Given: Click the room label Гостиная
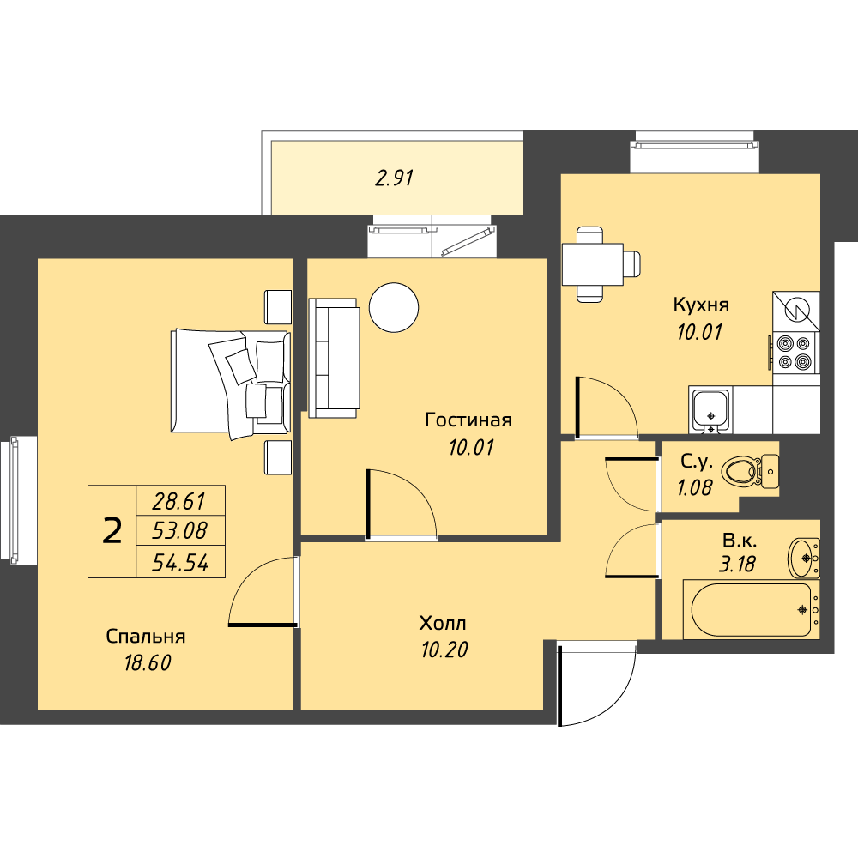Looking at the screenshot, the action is [468, 420].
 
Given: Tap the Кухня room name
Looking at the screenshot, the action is [701, 305].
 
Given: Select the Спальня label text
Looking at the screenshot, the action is [146, 637].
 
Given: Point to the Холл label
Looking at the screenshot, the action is [443, 623].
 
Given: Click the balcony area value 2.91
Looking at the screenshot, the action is [394, 178].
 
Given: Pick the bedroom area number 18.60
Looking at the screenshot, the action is [148, 663].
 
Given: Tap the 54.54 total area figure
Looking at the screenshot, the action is [180, 563].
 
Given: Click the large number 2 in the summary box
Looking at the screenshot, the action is [112, 531].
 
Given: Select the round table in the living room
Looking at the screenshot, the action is [394, 307].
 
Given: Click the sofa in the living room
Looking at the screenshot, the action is [334, 358].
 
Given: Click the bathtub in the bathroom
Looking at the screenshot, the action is [752, 609].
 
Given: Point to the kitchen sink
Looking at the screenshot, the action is [710, 410].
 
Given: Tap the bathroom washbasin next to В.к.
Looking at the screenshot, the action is [804, 558].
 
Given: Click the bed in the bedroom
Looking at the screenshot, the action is [230, 382].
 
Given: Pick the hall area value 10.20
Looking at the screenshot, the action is [444, 650].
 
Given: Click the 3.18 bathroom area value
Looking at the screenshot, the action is [738, 564].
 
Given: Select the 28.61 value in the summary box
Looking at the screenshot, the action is [179, 501].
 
